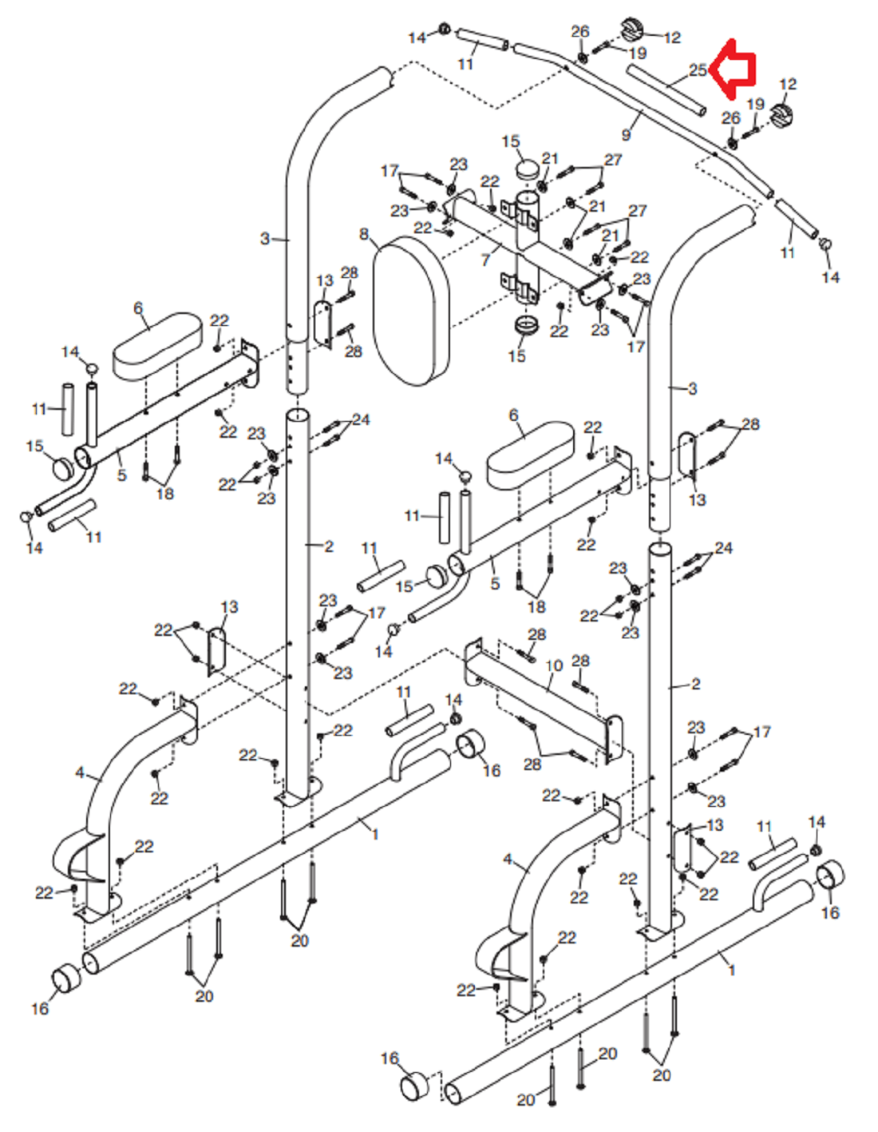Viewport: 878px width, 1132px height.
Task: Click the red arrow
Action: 733,70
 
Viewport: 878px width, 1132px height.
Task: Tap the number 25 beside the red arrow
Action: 698,70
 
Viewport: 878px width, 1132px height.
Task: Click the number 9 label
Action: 626,134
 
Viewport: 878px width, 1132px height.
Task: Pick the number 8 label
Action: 364,233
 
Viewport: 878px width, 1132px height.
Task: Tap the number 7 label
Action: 485,259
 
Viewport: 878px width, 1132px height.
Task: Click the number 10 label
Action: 554,665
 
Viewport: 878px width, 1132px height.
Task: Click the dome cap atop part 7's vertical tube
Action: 529,169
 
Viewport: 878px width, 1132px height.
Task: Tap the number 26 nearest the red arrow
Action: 730,117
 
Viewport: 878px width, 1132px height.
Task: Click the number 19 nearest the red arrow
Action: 756,104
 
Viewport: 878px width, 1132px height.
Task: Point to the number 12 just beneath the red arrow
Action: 789,84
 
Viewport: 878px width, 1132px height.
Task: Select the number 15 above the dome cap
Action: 511,141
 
